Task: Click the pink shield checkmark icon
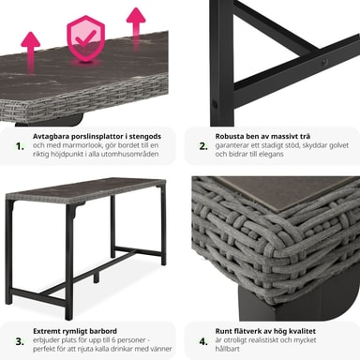86,39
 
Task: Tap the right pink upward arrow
136,26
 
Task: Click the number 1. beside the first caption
20,146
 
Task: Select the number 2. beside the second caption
203,146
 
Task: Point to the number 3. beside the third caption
20,341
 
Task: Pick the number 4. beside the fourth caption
203,341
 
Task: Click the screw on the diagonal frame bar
324,62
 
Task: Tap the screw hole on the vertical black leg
215,104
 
